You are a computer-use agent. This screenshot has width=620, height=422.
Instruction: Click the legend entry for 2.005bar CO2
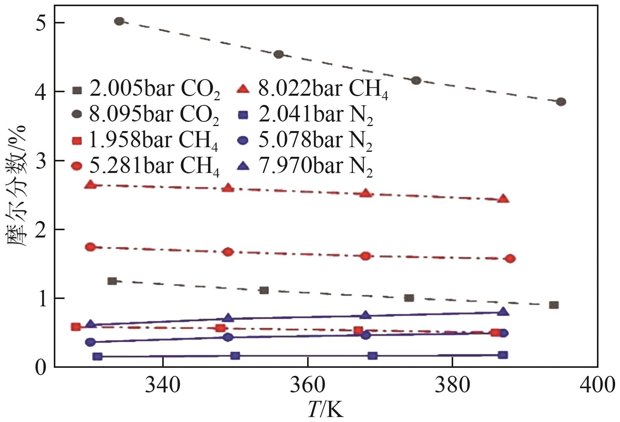[146, 89]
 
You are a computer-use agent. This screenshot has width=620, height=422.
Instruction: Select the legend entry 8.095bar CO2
[146, 115]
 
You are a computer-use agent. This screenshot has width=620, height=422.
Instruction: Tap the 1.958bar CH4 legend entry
[146, 141]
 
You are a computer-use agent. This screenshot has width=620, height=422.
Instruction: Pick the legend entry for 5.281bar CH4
[146, 166]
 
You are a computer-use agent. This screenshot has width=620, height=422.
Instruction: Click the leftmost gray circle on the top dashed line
[119, 21]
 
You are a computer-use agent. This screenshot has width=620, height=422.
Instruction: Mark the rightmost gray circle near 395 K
[561, 101]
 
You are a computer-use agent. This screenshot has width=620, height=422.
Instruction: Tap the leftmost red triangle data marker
[91, 184]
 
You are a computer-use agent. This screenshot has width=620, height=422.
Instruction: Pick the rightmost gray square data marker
[554, 305]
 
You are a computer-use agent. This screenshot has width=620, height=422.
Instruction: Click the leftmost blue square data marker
[98, 356]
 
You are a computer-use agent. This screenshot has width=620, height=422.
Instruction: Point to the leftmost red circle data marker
[90, 247]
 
